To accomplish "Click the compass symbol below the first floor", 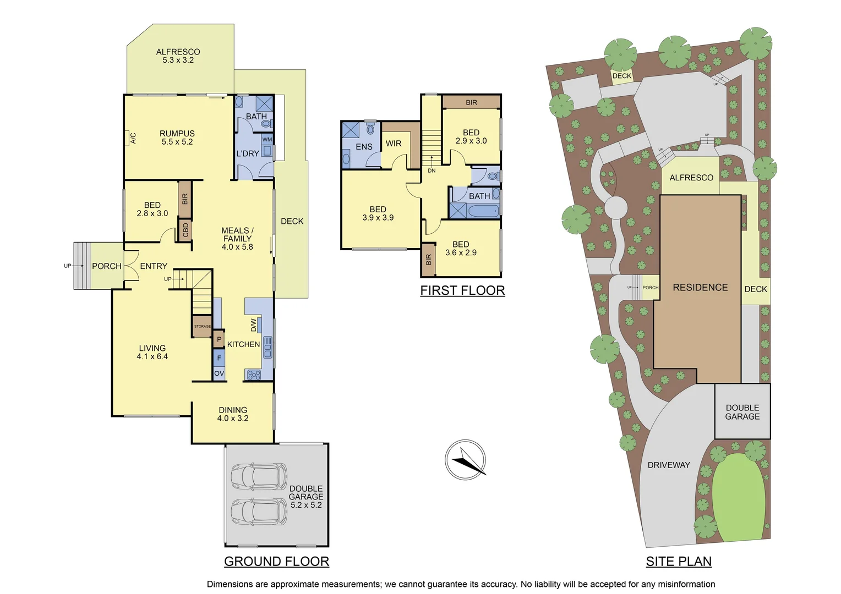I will (465, 459).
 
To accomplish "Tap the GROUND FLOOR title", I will (276, 561).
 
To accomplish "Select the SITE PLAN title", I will (678, 561).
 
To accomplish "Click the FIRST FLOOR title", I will (462, 290).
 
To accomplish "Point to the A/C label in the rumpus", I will (133, 137).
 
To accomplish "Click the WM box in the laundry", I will (267, 140).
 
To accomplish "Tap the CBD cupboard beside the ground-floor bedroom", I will (185, 230).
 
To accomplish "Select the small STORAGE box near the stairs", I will (202, 326).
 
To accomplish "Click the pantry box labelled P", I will (219, 339).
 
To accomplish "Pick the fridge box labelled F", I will (219, 358).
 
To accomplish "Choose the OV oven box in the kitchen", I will (219, 373).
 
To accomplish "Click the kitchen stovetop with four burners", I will (254, 375).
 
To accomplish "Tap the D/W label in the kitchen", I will (253, 325).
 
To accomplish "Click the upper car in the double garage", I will (259, 476).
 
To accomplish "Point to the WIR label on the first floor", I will (394, 144).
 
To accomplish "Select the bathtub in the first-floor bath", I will (483, 211).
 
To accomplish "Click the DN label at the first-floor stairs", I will (432, 170).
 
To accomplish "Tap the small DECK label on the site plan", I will (622, 76).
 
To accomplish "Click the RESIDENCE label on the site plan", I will (700, 287).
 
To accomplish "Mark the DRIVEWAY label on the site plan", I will (668, 465).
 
